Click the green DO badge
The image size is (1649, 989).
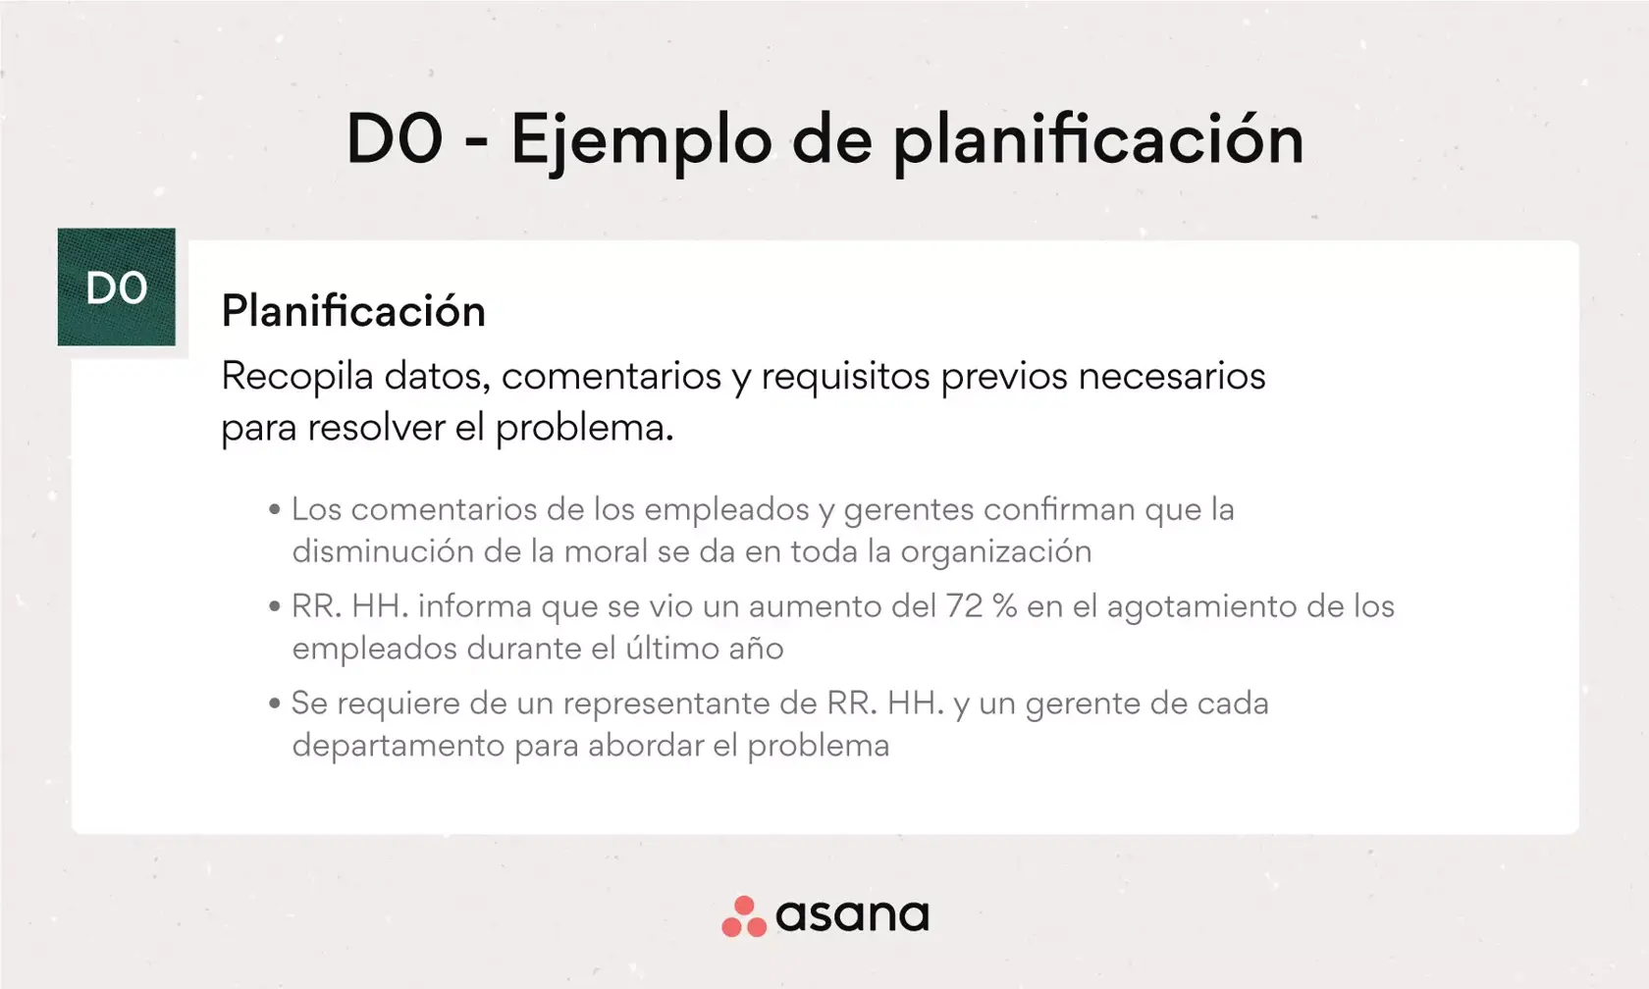pyautogui.click(x=116, y=287)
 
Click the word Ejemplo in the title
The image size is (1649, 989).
pyautogui.click(x=640, y=140)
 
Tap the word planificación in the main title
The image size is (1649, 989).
pyautogui.click(x=1097, y=140)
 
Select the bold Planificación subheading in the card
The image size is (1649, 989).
pyautogui.click(x=353, y=312)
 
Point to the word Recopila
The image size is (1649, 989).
pyautogui.click(x=296, y=377)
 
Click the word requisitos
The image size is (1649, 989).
pyautogui.click(x=845, y=377)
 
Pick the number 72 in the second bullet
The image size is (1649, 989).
pyautogui.click(x=964, y=606)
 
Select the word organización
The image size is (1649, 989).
pyautogui.click(x=995, y=552)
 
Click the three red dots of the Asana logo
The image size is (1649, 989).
pyautogui.click(x=743, y=917)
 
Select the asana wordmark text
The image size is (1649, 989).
pyautogui.click(x=852, y=916)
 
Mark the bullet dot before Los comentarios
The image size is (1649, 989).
pyautogui.click(x=275, y=510)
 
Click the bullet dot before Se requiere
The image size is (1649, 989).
pyautogui.click(x=275, y=703)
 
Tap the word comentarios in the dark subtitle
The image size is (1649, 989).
pyautogui.click(x=612, y=377)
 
